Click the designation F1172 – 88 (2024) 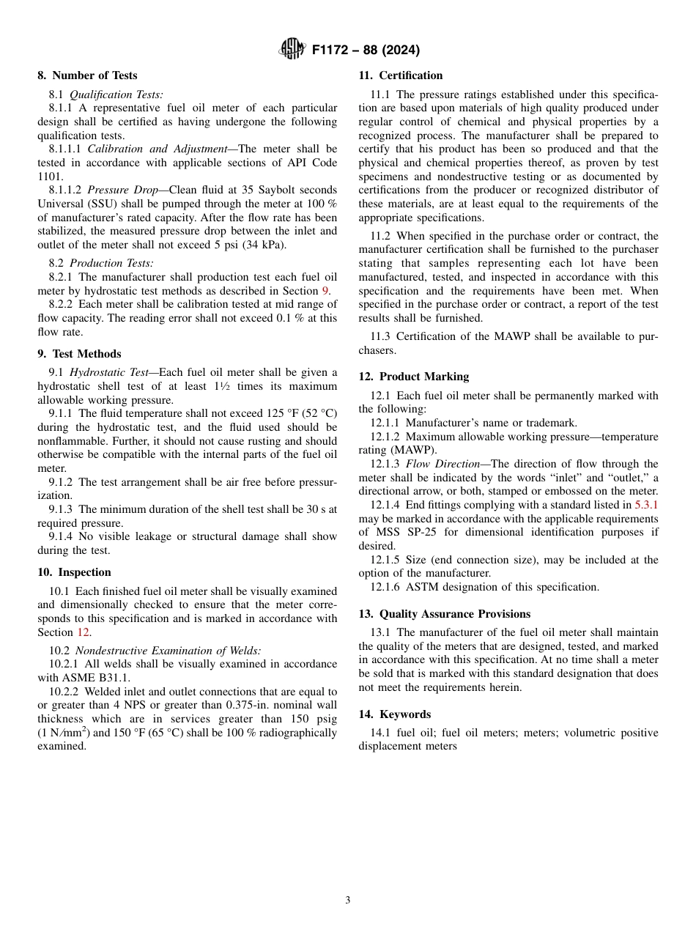coord(365,51)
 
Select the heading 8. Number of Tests coord(87,75)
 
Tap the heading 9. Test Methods coord(79,354)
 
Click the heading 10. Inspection coord(74,572)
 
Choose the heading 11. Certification coord(400,75)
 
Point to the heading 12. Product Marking coord(413,377)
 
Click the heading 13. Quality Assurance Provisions coord(444,614)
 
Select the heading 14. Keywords coord(394,714)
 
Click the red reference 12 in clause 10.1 coord(83,632)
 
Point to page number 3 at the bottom coord(348,900)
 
